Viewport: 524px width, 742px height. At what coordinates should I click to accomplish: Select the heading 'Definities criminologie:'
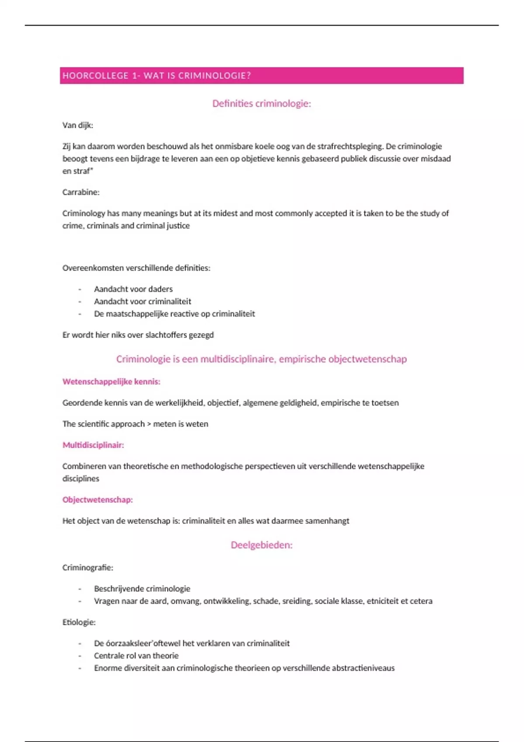[x=262, y=103]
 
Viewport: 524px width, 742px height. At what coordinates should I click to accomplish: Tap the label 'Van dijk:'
[x=78, y=125]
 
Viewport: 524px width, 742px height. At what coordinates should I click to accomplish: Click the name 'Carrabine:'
[x=81, y=192]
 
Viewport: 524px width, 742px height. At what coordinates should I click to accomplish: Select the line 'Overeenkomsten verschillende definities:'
[x=136, y=268]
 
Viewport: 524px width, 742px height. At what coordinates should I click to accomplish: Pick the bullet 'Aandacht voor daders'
[x=133, y=289]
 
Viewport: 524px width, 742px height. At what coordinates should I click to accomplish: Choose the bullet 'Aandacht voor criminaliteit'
[x=142, y=301]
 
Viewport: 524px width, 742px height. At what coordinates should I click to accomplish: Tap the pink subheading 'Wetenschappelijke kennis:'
[x=111, y=381]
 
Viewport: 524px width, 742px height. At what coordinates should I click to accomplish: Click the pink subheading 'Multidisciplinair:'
[x=93, y=445]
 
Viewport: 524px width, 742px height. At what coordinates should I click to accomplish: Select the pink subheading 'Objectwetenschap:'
[x=97, y=500]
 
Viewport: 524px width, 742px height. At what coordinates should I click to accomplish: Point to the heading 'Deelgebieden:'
[x=262, y=545]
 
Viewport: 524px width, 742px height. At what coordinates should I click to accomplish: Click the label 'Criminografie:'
[x=88, y=567]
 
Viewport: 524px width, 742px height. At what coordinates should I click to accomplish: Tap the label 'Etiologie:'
[x=79, y=622]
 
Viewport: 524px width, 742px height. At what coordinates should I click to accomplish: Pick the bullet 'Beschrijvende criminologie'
[x=142, y=588]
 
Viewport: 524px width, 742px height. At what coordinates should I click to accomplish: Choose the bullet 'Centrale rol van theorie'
[x=136, y=656]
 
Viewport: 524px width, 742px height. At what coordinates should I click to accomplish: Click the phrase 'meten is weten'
[x=181, y=424]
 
